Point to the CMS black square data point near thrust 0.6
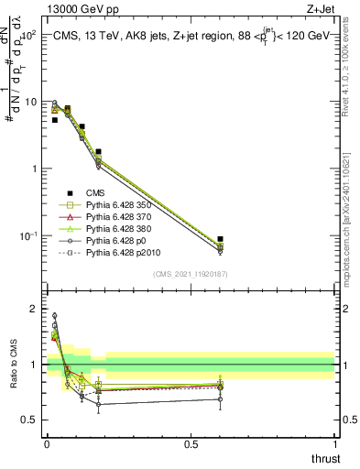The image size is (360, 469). (220, 238)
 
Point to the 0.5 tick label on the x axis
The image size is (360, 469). (191, 444)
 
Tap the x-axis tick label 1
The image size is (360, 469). (334, 444)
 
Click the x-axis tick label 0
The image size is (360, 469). (47, 444)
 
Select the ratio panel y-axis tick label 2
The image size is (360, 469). (35, 309)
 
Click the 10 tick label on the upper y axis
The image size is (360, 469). (31, 102)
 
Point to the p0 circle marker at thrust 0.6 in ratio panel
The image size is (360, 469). (220, 398)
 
